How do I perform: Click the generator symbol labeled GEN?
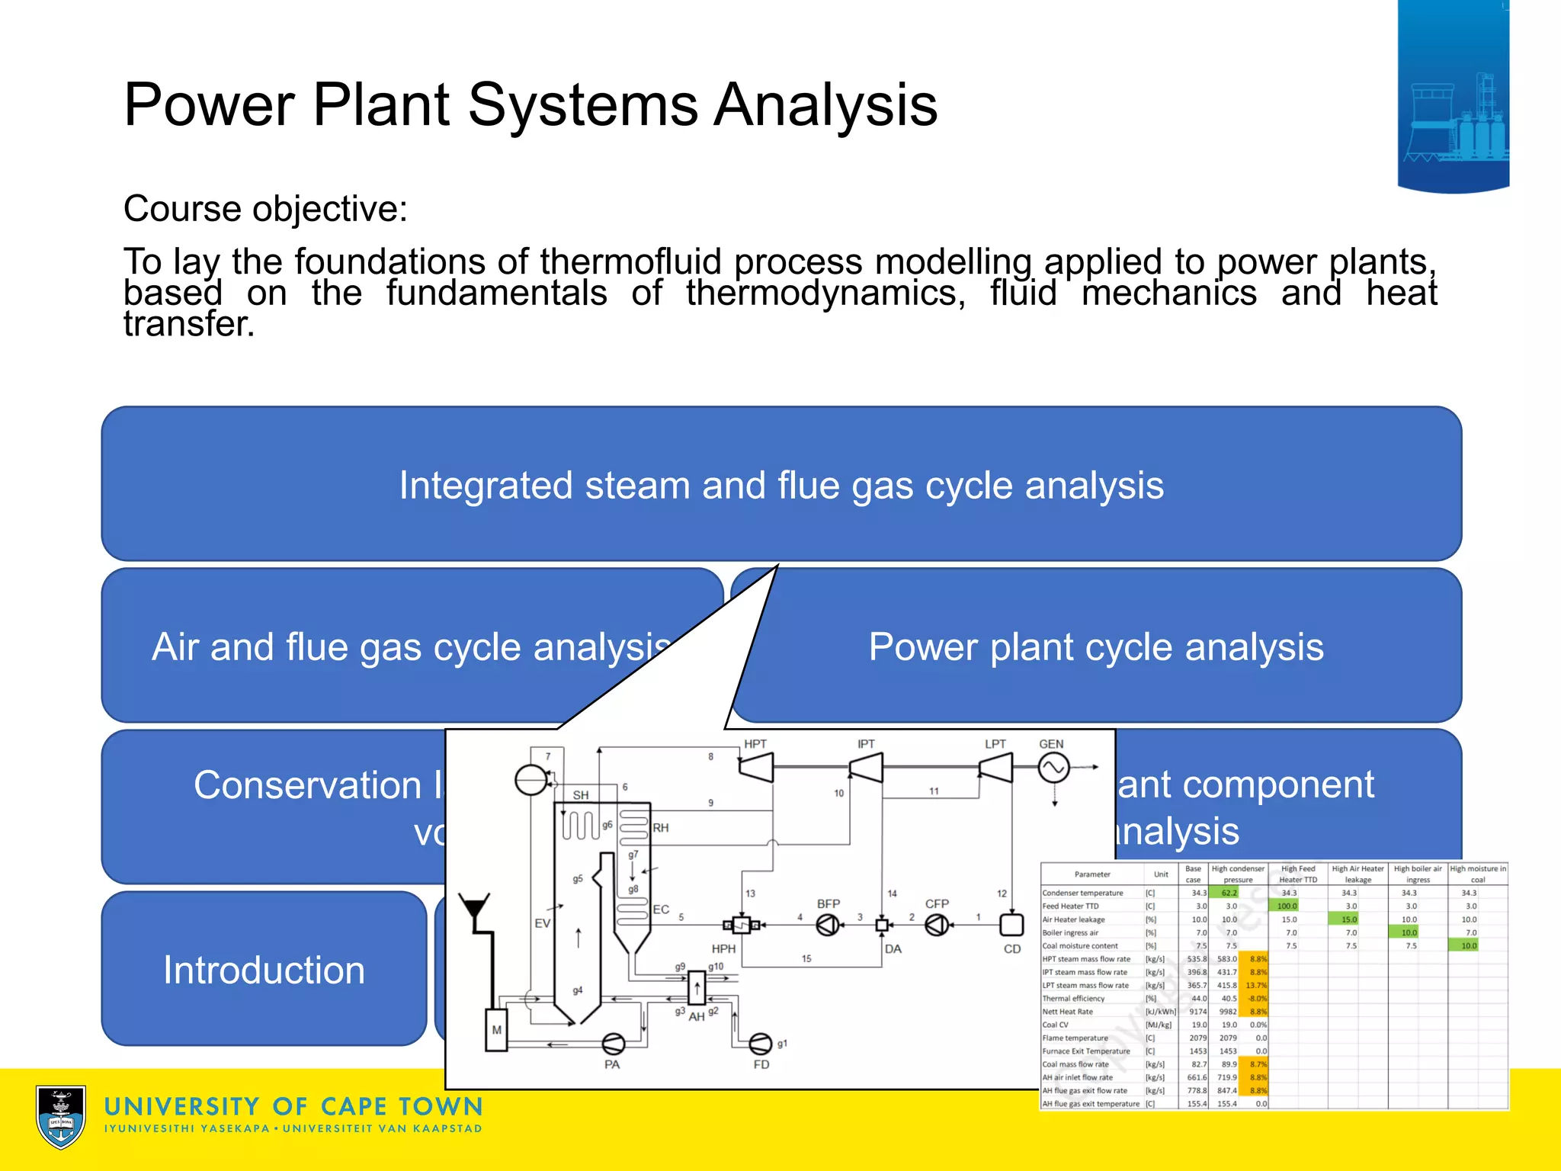tap(1053, 768)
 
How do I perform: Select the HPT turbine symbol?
tap(756, 768)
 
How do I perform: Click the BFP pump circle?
tap(828, 925)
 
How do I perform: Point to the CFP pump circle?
tap(937, 925)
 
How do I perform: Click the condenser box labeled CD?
tap(1011, 925)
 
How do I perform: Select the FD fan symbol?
tap(761, 1043)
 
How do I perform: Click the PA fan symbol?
tap(614, 1044)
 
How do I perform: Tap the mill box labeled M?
tap(496, 1030)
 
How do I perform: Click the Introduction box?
tap(264, 970)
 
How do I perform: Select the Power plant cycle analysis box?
tap(1096, 646)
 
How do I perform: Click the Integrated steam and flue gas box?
tap(781, 485)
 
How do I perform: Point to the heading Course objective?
tap(265, 209)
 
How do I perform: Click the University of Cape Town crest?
tap(61, 1117)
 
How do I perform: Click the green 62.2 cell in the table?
tap(1229, 893)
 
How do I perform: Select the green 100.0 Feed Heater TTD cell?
tap(1287, 906)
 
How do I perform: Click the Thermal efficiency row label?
tap(1073, 999)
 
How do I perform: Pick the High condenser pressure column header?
tap(1238, 874)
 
